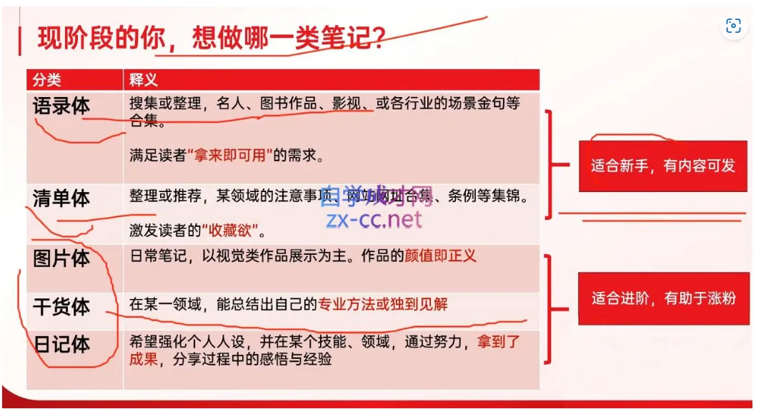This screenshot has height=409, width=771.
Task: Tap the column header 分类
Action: tap(47, 79)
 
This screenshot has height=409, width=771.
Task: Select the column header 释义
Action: tap(144, 79)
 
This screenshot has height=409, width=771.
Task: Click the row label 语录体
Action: tap(61, 106)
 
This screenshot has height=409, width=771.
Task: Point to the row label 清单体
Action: tap(61, 198)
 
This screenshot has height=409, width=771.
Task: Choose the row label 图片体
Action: tap(61, 258)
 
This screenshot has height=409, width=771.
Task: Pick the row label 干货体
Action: tap(61, 306)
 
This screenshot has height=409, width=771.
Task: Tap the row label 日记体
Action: tap(61, 344)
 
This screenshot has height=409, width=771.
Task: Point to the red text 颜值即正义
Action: tap(440, 256)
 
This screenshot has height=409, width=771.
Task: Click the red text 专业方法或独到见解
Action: tap(383, 304)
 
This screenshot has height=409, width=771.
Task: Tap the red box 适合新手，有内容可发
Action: tap(662, 166)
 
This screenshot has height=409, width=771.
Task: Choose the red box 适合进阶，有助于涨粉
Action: tap(663, 298)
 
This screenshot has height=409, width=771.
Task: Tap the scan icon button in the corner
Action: tap(733, 26)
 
